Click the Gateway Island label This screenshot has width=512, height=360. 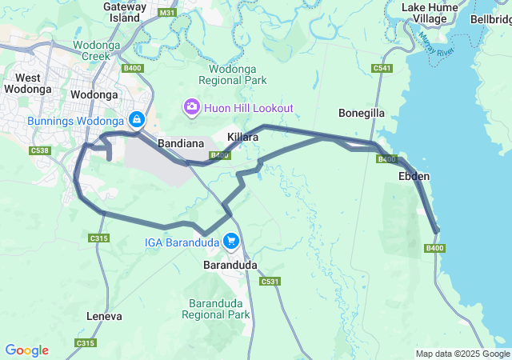point(125,11)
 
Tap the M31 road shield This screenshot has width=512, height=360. point(167,13)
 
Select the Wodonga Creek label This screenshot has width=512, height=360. point(95,51)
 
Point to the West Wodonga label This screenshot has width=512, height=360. point(28,83)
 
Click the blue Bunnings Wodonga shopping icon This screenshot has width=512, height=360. point(137,120)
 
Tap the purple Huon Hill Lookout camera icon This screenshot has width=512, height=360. point(191,107)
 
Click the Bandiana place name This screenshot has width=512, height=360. point(182,141)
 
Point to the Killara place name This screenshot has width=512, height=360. point(242,138)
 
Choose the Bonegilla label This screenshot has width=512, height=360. point(362,114)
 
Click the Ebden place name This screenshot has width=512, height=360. point(413,176)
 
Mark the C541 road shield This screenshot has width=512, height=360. point(382,69)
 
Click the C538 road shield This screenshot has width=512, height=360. point(39,150)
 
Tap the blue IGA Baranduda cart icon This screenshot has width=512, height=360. point(231,240)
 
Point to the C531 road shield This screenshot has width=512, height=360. point(270,281)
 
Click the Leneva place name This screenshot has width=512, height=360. point(104,317)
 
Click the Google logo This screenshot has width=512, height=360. point(26,350)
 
